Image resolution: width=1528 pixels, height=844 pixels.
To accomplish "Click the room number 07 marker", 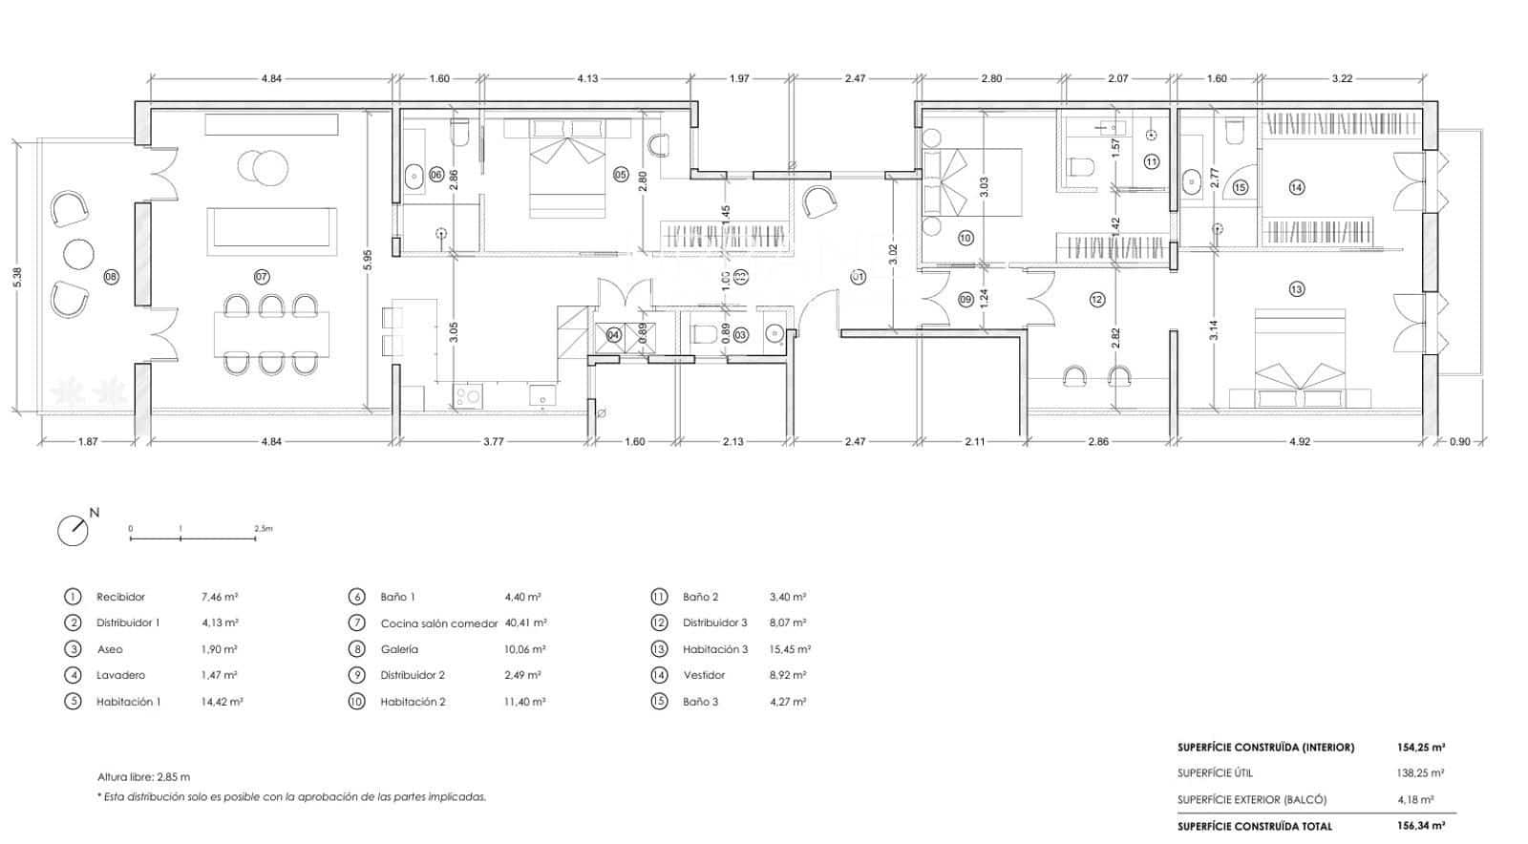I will point(262,277).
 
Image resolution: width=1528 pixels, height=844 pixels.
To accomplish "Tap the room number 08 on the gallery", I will point(111,277).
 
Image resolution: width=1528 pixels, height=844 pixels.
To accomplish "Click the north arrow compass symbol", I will point(74,531).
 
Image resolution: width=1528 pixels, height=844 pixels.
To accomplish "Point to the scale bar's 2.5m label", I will point(264,528).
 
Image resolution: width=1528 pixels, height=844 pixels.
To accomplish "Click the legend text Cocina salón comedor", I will point(438,623).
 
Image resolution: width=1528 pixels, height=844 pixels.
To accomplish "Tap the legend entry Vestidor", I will point(704,675).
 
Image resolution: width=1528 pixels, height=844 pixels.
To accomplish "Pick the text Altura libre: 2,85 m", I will point(143,777).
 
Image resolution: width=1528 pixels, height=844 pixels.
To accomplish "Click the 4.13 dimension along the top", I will point(587,79).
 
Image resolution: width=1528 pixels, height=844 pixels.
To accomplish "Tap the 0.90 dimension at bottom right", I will point(1460,442).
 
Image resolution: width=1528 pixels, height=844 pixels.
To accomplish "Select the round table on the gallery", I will point(79,254).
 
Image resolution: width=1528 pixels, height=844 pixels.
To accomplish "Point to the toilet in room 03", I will point(704,334).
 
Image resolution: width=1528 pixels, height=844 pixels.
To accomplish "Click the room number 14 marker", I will point(1296,188).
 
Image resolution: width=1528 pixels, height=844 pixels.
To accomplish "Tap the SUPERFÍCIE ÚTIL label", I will point(1215,773).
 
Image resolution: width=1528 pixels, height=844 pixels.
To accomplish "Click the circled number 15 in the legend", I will point(659,702).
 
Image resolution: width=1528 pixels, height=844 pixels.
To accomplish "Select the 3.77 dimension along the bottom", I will point(493,442).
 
